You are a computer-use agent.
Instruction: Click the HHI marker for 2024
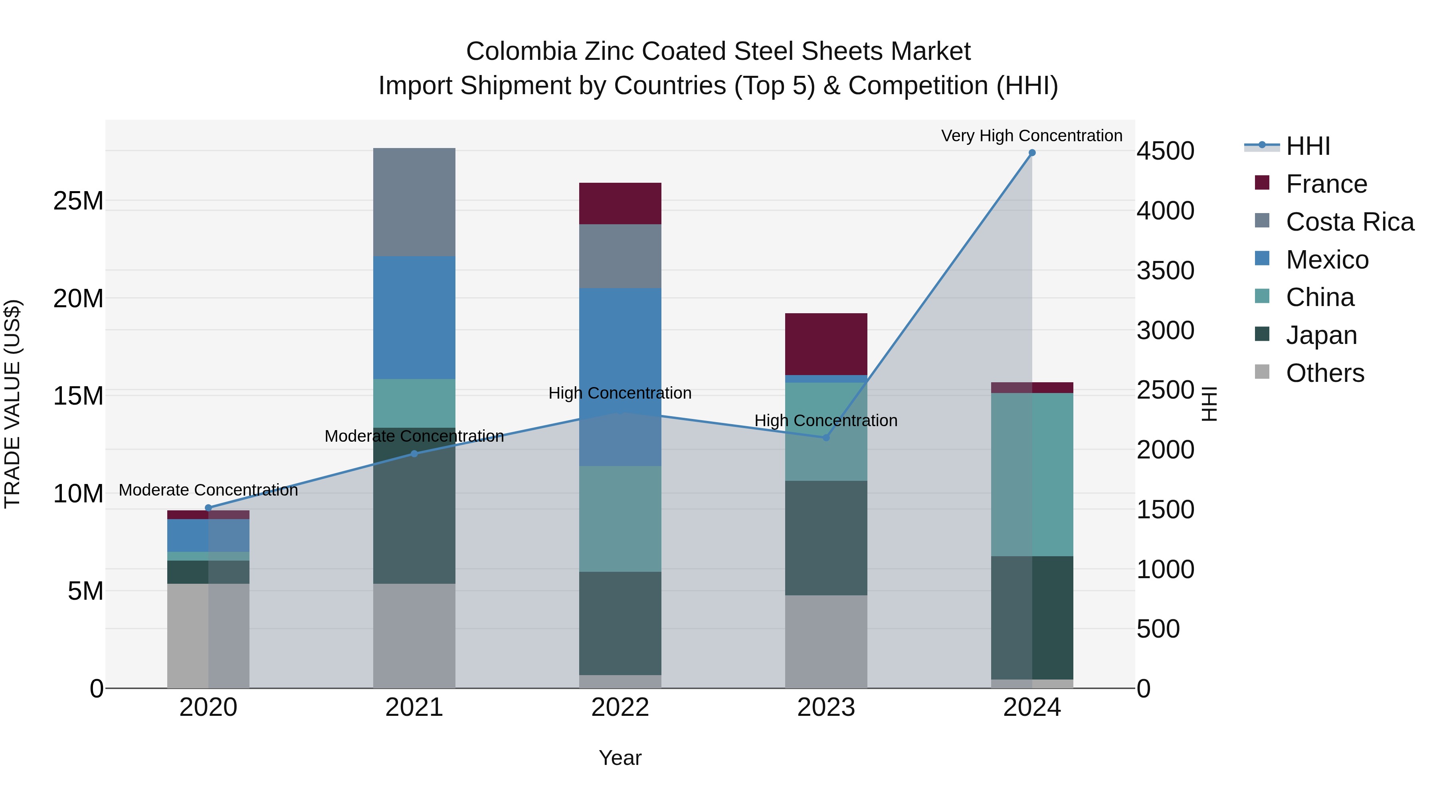[1031, 153]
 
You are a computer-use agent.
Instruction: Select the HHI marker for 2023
[826, 438]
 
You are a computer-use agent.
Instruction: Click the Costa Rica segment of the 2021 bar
[414, 202]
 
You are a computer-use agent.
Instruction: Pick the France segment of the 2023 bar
[826, 344]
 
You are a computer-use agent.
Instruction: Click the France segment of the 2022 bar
[620, 203]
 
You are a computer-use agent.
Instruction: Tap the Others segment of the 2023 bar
[826, 641]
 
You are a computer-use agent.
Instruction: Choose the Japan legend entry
[1320, 335]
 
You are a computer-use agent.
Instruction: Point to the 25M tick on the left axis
[78, 201]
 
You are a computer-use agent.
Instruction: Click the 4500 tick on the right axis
[1165, 151]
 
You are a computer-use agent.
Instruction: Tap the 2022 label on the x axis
[620, 707]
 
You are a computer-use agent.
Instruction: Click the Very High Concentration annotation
[1031, 136]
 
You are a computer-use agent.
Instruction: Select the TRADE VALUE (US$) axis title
[12, 404]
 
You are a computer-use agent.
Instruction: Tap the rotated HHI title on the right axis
[1208, 404]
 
